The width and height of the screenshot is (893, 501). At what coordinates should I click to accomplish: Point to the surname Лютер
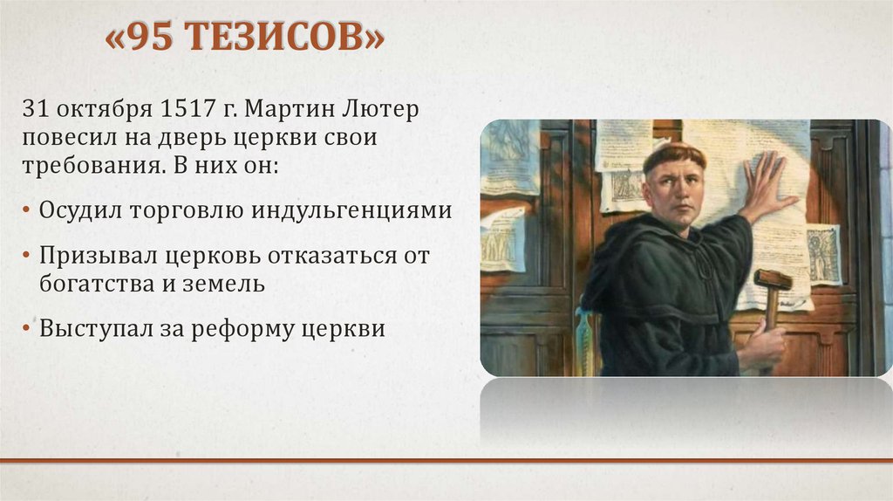pos(380,109)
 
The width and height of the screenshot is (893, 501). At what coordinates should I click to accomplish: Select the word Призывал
pos(99,256)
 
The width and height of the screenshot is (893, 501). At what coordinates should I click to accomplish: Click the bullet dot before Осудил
pos(26,210)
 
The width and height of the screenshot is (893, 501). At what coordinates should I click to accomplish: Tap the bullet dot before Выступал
pos(26,328)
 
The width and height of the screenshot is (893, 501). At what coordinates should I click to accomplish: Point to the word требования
pos(86,165)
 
